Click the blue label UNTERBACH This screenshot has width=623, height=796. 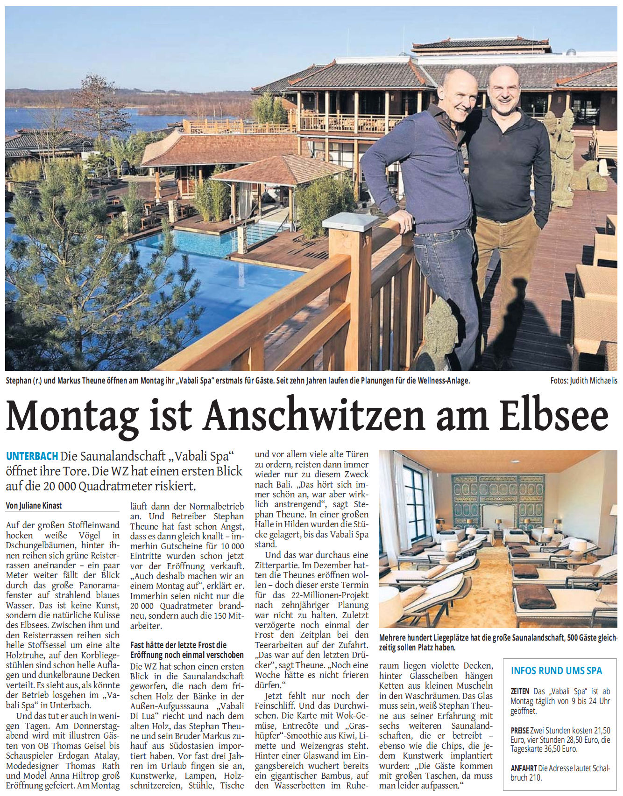[32, 456]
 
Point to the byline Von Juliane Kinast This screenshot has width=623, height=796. [34, 505]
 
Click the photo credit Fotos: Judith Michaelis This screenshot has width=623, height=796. [583, 381]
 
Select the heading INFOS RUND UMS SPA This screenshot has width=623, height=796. [556, 670]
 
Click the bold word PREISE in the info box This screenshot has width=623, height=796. [520, 731]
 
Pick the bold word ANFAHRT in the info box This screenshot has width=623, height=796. [524, 768]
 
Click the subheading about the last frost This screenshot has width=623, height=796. [187, 650]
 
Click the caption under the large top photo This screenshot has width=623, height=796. [238, 381]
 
